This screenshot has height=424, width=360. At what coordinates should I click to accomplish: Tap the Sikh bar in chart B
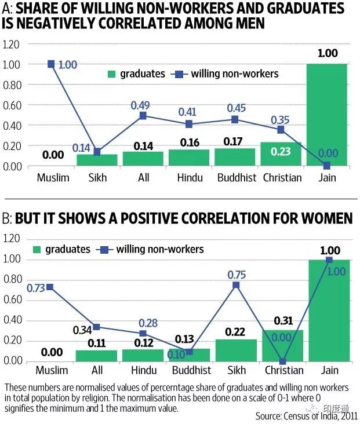point(236,350)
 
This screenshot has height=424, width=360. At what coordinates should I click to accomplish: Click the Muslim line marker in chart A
point(51,64)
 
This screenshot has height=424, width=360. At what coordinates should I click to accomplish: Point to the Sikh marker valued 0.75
point(237,285)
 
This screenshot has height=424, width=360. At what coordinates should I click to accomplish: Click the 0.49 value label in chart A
point(141,105)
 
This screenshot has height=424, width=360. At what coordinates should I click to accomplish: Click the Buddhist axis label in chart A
point(236,177)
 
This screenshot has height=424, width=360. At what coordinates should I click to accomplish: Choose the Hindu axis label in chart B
point(143,370)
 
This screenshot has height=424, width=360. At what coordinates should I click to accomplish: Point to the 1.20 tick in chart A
point(11,45)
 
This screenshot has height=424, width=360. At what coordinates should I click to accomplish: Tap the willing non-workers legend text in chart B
point(160,249)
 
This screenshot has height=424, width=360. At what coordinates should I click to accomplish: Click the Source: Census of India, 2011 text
point(306,416)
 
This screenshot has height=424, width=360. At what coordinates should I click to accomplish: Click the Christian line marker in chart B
point(282,361)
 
